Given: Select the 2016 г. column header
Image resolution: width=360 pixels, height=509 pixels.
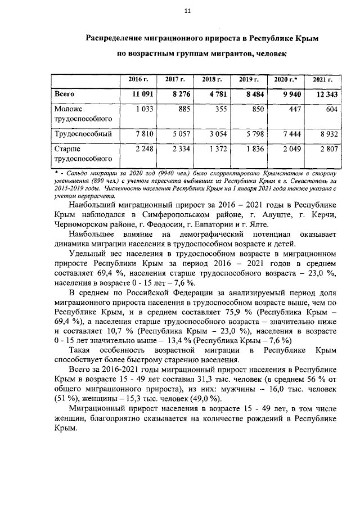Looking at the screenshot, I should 140,80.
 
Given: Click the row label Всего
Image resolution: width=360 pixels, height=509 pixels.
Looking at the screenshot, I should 64,94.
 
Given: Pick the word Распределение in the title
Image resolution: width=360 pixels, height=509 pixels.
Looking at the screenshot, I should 116,38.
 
